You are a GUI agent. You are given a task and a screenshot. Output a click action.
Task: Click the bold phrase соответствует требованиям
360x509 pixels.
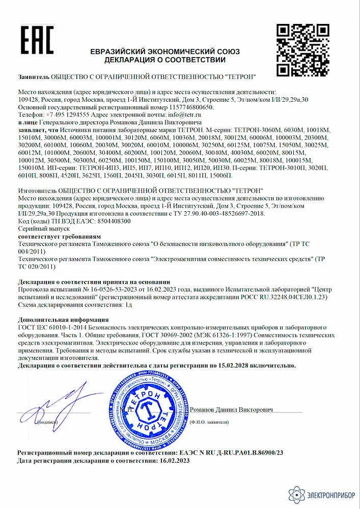pos(59,237)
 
